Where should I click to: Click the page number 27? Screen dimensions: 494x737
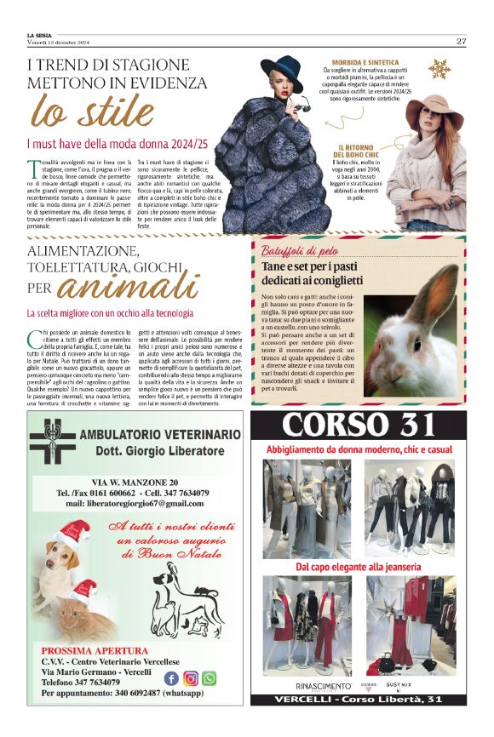(461, 41)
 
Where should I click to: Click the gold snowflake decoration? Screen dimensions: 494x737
(439, 69)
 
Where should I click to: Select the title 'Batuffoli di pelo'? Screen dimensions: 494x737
(301, 251)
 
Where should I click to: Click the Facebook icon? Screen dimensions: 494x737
(172, 678)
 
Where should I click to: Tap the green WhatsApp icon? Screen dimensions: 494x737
(210, 678)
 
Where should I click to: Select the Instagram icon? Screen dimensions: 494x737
(191, 678)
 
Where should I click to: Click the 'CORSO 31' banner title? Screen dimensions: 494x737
(364, 424)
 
